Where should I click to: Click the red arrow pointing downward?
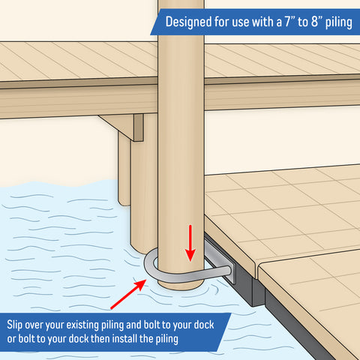coord(190,243)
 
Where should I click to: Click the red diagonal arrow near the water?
coord(128,294)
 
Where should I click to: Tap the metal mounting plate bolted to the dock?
coord(220,260)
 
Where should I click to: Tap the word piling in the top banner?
coord(339,22)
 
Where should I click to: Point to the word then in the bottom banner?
coord(100,339)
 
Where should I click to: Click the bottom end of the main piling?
coord(181,287)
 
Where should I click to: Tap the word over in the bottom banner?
coord(34,325)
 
